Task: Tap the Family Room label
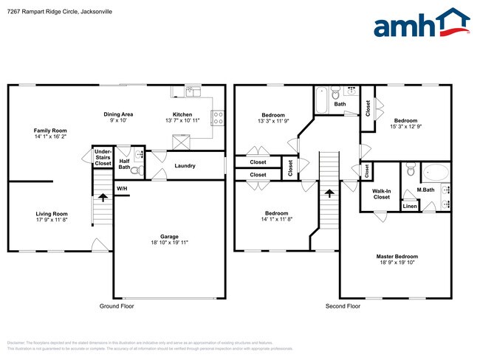[49, 130]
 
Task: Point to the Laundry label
[185, 166]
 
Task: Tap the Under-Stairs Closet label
[103, 157]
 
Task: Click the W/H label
[122, 188]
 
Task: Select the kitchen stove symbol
[219, 115]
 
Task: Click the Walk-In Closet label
[381, 193]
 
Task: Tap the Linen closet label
[409, 207]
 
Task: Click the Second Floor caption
[343, 305]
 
